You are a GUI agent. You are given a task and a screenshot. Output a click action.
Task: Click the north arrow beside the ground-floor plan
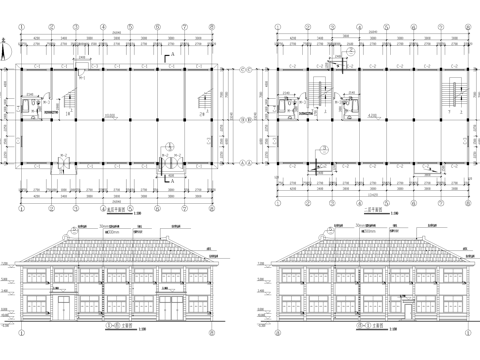pyautogui.click(x=9, y=45)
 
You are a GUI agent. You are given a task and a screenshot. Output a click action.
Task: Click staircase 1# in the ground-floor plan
pyautogui.click(x=70, y=99)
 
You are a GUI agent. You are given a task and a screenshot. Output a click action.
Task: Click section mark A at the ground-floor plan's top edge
pyautogui.click(x=78, y=57)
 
